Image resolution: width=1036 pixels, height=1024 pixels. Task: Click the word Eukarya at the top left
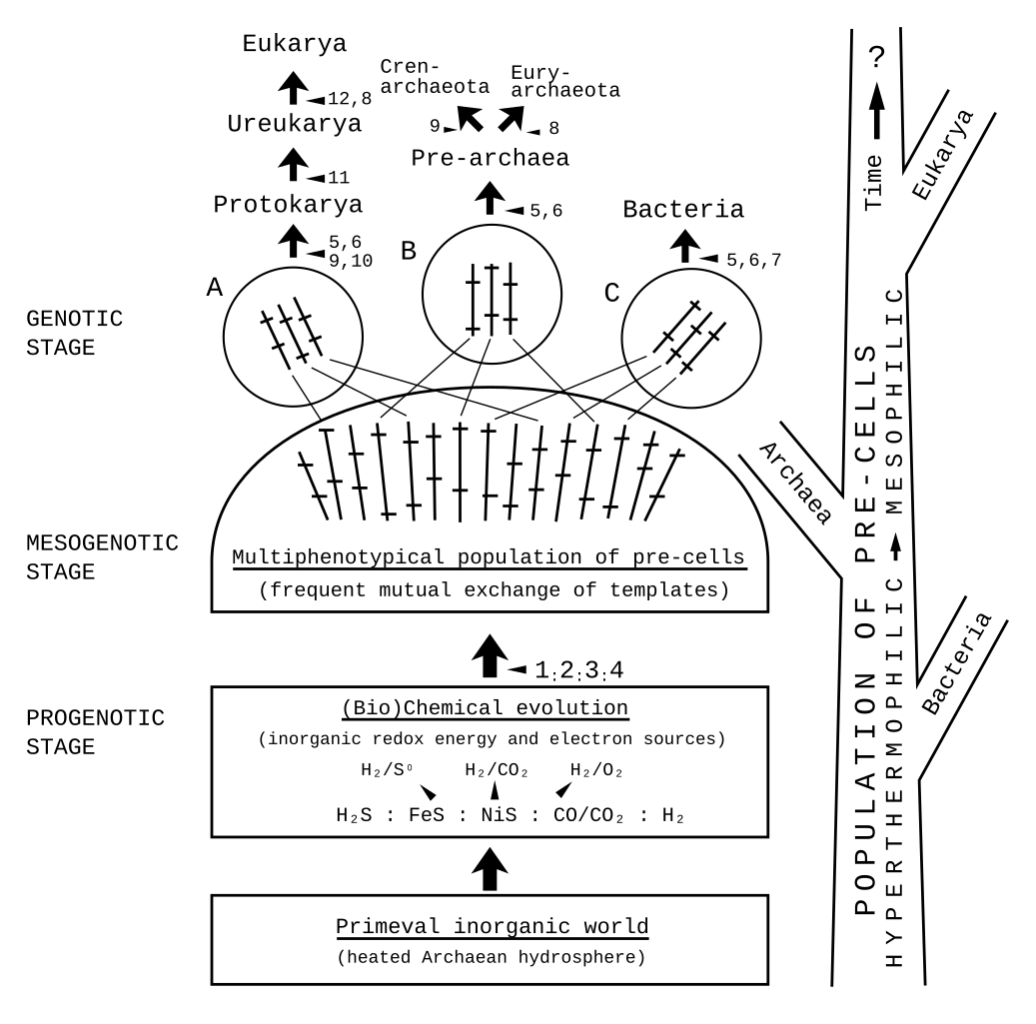[294, 44]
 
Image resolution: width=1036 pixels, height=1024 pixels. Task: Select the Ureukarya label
[294, 126]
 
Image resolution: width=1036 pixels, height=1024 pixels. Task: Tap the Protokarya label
[288, 206]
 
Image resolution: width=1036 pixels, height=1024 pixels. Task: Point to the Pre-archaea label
[490, 158]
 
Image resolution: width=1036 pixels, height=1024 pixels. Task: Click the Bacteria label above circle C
[683, 210]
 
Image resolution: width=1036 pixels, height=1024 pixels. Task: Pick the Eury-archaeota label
[564, 81]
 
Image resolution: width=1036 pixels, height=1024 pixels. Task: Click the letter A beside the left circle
[213, 288]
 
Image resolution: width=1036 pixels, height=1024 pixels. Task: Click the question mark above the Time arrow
[877, 59]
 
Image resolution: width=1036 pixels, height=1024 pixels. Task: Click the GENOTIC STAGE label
[76, 334]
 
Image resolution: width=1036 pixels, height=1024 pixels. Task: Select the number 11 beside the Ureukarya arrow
[338, 177]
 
